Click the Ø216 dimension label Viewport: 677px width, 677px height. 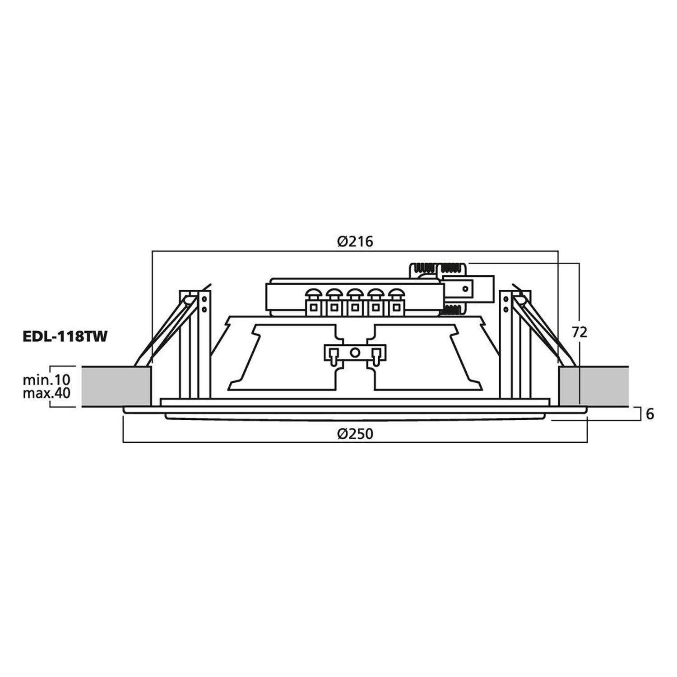coord(355,242)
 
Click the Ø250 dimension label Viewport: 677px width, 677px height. coord(355,434)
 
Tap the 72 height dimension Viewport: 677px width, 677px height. coord(580,332)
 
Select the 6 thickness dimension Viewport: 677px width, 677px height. coord(650,414)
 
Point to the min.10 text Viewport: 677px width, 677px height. coord(46,380)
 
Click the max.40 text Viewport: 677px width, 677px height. coord(46,393)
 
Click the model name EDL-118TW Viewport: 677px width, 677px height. coord(65,337)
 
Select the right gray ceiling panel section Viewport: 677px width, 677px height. coord(594,386)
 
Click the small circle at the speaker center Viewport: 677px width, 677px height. coord(355,352)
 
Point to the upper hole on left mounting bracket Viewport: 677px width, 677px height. coord(204,299)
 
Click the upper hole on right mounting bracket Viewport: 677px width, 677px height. coord(505,299)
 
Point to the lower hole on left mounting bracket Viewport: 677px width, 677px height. coord(204,309)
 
